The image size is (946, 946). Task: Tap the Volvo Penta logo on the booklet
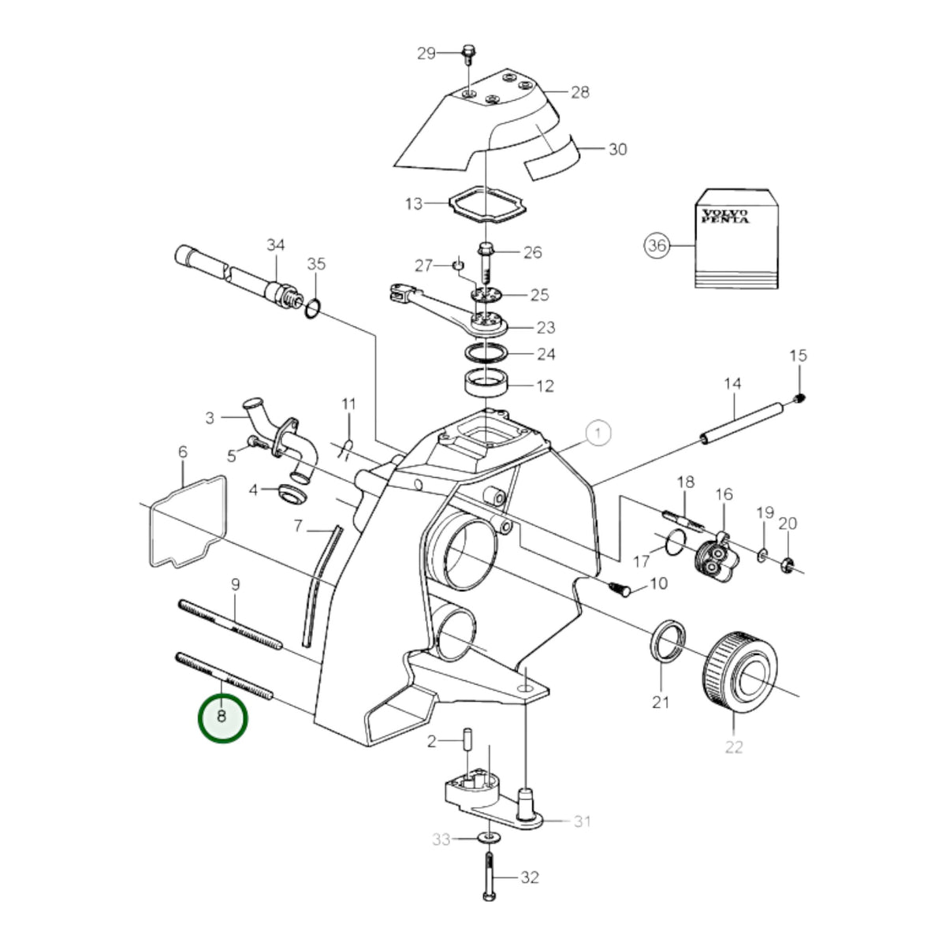(725, 216)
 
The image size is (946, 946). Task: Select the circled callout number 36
(657, 244)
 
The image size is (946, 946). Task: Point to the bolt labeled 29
(467, 54)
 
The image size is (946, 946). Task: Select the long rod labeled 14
(743, 423)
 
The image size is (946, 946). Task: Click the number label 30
(618, 149)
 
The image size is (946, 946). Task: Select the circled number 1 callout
(598, 434)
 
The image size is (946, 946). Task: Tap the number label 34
(275, 244)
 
